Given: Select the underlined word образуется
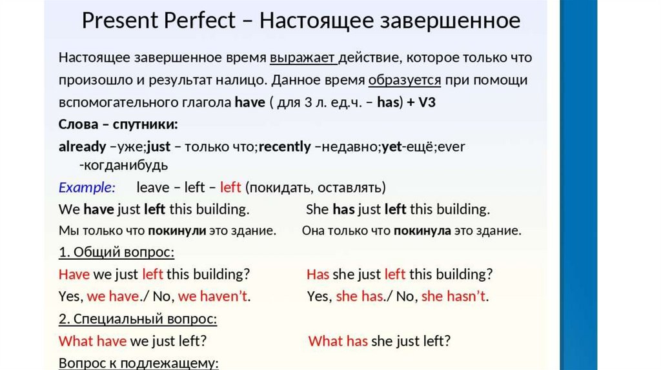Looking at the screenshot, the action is point(405,80).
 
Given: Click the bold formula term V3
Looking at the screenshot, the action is point(427,102).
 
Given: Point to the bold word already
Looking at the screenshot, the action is point(82,147).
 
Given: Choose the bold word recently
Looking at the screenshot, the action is point(285,147).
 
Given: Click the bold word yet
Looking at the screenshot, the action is point(392,147).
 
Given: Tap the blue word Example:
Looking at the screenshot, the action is point(87,188).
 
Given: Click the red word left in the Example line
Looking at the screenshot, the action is point(230,187).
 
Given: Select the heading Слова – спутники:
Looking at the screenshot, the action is point(118,124).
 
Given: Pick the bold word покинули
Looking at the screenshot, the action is point(177,231).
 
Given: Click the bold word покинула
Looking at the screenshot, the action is point(422,231).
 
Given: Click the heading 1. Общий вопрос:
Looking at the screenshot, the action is point(116,252).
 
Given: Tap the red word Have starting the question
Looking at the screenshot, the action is point(74,275).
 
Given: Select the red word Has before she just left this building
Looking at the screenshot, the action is point(318,275).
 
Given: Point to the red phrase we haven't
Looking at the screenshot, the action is point(213,297).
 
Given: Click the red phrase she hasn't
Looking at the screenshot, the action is point(454,297).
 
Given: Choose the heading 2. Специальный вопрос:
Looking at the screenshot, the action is point(138,319).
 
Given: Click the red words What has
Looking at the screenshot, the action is point(338,341).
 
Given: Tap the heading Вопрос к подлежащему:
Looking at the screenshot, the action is point(139,363).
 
